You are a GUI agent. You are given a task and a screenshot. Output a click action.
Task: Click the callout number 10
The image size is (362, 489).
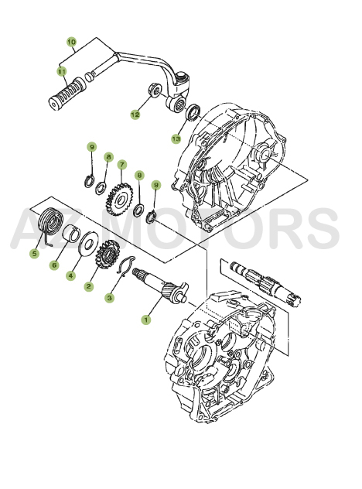pos(71,41)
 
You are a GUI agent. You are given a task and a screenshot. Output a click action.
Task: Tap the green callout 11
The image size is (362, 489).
pos(61,71)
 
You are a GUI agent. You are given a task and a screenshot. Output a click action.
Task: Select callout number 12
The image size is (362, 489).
pos(135,115)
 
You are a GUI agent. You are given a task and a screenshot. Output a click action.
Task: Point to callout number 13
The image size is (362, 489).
pos(176,139)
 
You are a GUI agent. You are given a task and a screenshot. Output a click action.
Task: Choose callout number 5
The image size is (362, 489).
pos(34,252)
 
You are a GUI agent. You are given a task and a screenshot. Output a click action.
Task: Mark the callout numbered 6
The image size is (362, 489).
pos(54,265)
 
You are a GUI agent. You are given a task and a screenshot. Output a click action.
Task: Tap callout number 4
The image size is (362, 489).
pos(71,275)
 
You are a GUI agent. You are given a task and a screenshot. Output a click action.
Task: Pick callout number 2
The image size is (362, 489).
pos(90,286)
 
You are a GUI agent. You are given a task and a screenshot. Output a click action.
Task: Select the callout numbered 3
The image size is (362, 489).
pos(110,297)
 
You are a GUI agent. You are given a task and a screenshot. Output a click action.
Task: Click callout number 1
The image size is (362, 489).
pos(145,317)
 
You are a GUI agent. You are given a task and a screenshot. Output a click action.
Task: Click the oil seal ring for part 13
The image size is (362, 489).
pos(193,114)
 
